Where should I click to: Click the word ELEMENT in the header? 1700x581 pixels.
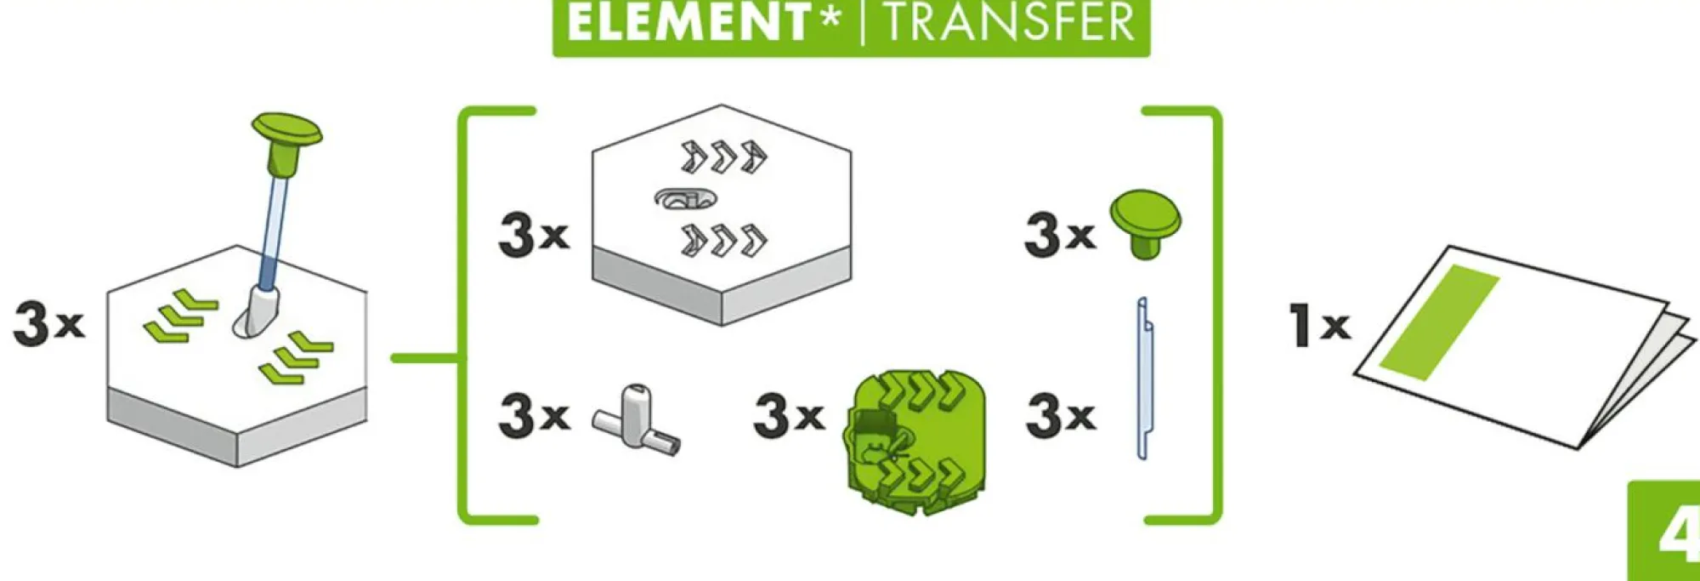[x=687, y=22]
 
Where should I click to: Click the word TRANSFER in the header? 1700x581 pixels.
[x=1010, y=22]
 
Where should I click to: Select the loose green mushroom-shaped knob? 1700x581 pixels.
[x=1145, y=224]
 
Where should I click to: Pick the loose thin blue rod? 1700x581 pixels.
[x=1143, y=379]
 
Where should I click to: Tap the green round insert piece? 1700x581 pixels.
[x=915, y=441]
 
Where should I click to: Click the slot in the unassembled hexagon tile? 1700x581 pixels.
[x=685, y=199]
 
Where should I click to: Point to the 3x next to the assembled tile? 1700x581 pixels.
[x=48, y=324]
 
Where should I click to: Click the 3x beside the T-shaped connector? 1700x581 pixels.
[x=534, y=415]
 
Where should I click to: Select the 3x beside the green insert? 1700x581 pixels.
[x=789, y=415]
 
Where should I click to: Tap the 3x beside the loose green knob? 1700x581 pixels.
[x=1060, y=234]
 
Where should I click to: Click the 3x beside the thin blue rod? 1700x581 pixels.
[x=1061, y=415]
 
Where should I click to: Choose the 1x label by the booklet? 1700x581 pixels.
[x=1319, y=325]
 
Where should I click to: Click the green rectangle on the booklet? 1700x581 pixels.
[x=1439, y=322]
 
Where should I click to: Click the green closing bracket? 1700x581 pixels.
[x=1217, y=315]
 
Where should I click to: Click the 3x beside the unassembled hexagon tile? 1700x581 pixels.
[x=534, y=234]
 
